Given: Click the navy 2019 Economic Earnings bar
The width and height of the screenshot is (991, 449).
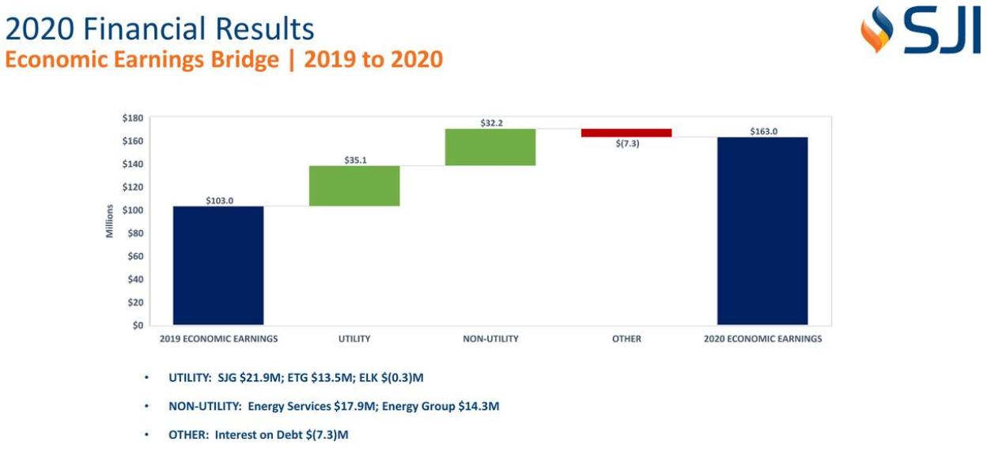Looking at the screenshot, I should [218, 265].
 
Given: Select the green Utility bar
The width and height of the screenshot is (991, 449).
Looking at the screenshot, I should [354, 186].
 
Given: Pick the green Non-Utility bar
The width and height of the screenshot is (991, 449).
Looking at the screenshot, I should [490, 147].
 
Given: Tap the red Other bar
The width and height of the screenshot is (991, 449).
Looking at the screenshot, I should [626, 133].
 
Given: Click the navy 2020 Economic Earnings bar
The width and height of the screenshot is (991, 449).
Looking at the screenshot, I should [762, 231].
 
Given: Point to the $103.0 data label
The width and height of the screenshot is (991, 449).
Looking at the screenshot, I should [219, 201].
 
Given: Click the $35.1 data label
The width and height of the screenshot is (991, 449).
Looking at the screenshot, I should [355, 160].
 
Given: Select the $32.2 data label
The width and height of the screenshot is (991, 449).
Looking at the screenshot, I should [491, 123].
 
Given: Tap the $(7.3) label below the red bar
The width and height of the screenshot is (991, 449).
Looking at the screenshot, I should [626, 144].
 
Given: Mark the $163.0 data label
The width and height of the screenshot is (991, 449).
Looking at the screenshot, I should [763, 131].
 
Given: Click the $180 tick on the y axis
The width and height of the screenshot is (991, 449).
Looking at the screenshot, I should [132, 118].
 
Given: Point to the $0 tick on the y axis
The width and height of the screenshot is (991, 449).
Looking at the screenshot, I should [138, 325].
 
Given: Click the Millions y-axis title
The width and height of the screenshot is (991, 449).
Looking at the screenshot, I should [110, 221].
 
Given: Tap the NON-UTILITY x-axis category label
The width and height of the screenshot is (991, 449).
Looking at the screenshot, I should [490, 339].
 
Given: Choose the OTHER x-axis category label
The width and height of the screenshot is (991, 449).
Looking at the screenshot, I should [626, 339].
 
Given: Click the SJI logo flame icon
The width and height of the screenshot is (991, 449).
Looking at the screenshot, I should [876, 30].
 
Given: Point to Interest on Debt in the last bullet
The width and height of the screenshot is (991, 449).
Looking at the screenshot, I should [258, 435].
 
